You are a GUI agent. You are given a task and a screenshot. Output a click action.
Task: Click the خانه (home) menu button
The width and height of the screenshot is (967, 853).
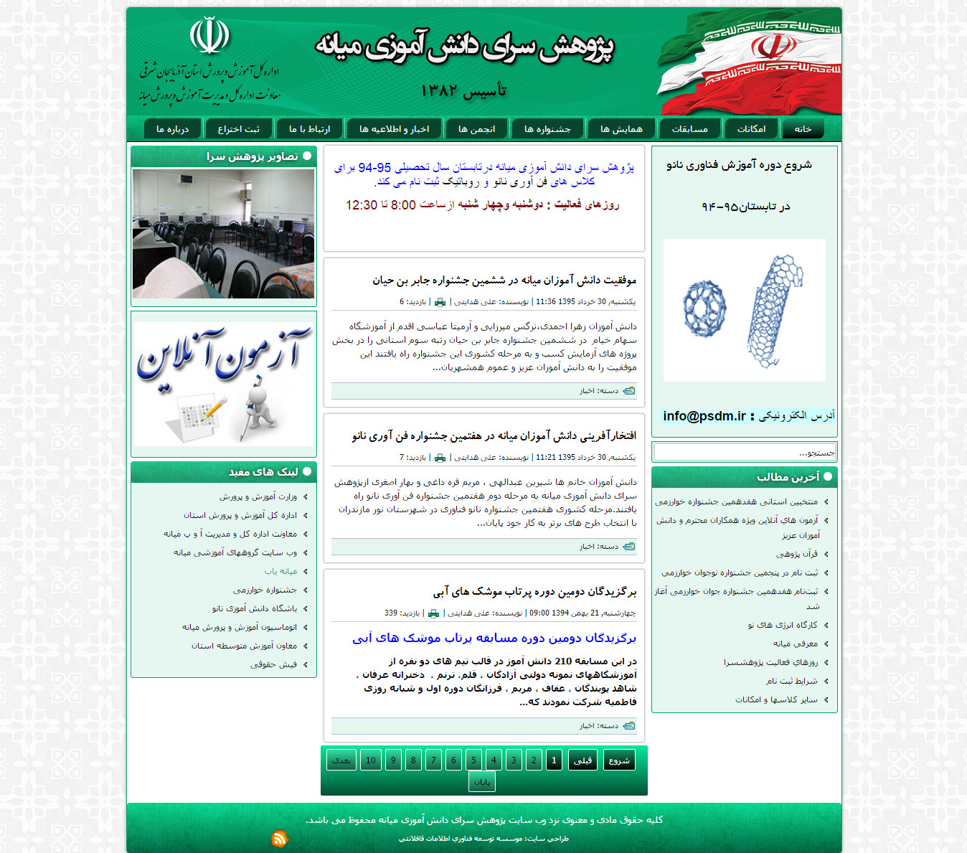803,129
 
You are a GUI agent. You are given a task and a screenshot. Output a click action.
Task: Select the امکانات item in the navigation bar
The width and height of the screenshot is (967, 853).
751,129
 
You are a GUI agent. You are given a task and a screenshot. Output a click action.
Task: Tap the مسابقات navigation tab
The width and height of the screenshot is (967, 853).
689,129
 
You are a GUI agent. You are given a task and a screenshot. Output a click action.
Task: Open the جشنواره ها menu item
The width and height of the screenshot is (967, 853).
547,129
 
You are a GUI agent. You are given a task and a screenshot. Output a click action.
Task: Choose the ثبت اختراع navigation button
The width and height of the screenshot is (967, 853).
238,129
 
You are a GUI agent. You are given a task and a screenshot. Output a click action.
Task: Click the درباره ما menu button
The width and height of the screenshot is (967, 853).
172,129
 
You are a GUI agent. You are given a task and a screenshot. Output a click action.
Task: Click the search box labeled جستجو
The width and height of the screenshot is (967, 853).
744,453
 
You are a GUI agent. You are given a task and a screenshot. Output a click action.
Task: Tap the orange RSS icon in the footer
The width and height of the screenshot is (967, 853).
279,838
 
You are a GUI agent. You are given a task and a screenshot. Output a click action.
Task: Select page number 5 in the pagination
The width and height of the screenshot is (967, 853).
473,760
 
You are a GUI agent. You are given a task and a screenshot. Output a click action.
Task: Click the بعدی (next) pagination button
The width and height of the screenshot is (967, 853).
341,760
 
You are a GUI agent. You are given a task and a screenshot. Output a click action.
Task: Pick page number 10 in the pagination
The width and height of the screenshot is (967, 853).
371,760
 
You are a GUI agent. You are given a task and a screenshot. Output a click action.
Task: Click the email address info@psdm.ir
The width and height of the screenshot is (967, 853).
704,416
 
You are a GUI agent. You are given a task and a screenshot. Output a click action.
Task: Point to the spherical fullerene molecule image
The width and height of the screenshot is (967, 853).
704,308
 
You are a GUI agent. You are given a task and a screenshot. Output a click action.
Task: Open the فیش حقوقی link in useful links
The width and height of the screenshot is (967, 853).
273,665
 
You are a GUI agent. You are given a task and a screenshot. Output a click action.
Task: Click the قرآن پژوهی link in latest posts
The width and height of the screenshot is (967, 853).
796,554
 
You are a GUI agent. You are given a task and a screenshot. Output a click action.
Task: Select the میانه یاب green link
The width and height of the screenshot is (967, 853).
280,572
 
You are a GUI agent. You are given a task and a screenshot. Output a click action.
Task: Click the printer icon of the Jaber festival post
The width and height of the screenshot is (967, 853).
440,302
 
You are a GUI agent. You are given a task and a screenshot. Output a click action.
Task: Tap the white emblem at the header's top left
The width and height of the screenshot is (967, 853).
209,36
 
